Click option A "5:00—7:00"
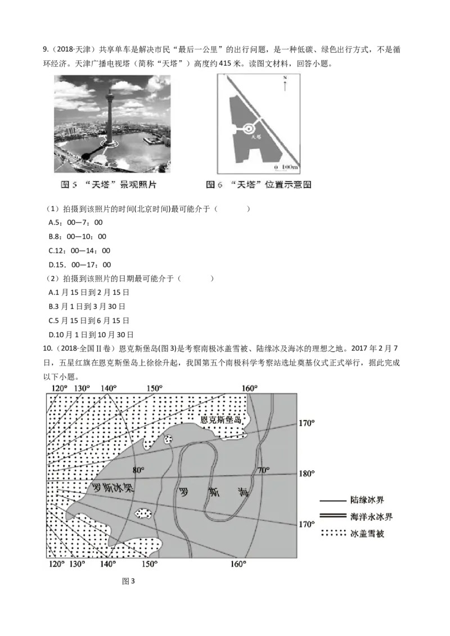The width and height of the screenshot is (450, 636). click(75, 222)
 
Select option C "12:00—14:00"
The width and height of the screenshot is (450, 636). click(80, 251)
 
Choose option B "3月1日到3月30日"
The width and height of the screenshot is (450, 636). click(87, 307)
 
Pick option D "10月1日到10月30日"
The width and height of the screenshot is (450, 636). click(91, 335)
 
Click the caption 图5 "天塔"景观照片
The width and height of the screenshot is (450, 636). click(109, 185)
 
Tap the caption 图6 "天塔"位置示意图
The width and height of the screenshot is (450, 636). click(259, 185)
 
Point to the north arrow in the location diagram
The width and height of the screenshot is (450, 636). click(285, 83)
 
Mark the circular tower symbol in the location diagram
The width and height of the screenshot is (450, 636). click(249, 129)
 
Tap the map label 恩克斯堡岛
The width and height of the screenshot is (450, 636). click(222, 420)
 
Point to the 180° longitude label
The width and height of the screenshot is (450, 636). click(307, 474)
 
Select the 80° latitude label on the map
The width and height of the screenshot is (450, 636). click(138, 470)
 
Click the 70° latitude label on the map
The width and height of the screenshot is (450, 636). click(264, 470)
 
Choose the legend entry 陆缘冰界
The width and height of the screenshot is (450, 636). click(352, 500)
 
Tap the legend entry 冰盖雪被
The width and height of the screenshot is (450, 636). click(352, 533)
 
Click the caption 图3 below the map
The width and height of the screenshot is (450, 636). click(128, 582)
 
